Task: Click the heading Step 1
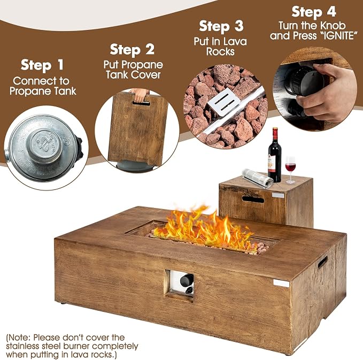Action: click(42, 65)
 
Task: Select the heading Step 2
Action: click(132, 50)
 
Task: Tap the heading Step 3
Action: click(221, 26)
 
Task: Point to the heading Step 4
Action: click(314, 12)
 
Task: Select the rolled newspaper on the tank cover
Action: click(258, 178)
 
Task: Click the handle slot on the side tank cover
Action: click(253, 199)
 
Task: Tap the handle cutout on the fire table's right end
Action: click(322, 262)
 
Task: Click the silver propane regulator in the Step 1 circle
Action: click(43, 147)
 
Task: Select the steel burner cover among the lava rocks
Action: click(223, 102)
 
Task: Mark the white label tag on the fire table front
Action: click(281, 283)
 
